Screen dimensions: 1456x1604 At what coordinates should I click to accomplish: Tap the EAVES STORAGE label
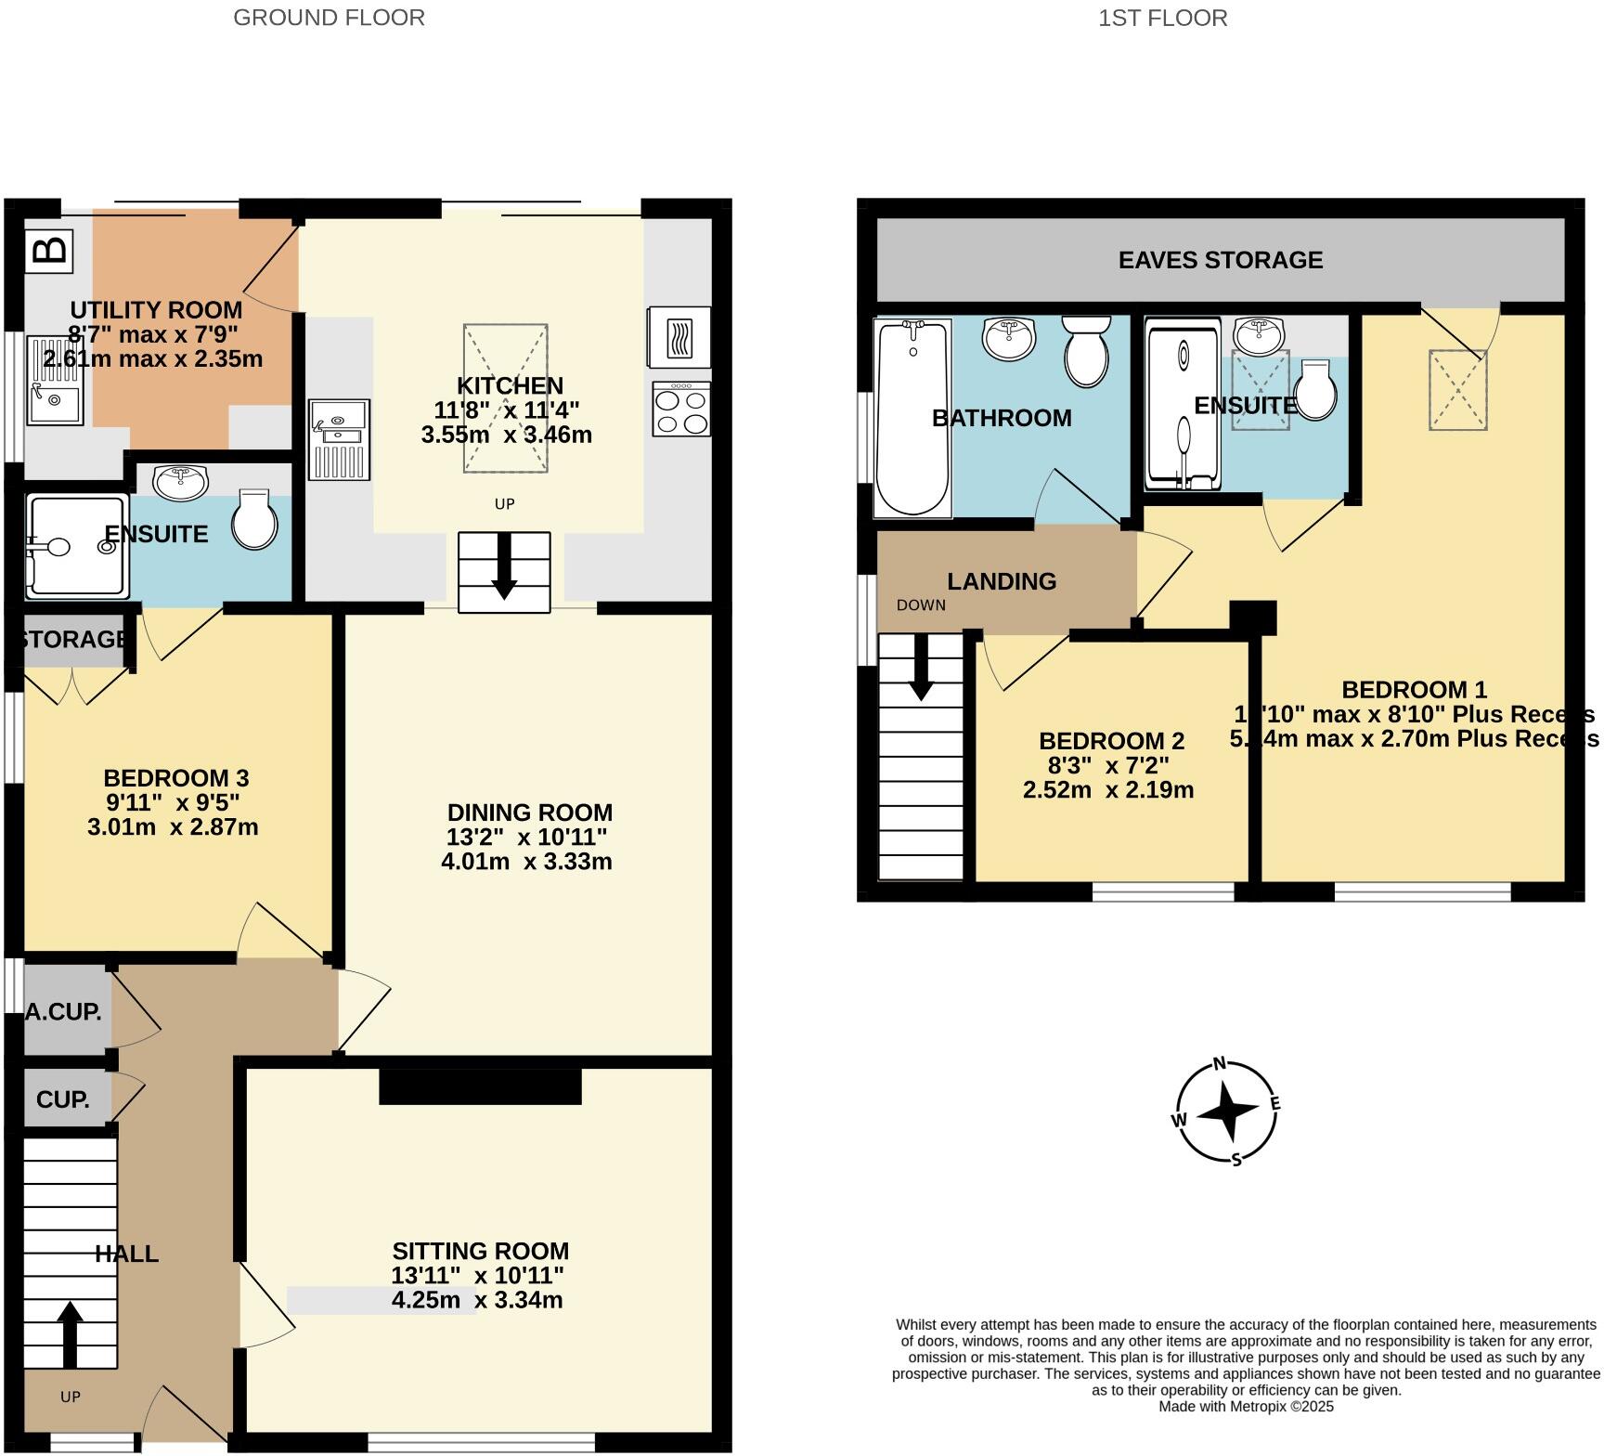pyautogui.click(x=1220, y=260)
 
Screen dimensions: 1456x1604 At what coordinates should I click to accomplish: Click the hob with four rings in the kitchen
pyautogui.click(x=681, y=409)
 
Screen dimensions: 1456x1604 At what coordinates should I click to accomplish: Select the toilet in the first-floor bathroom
pyautogui.click(x=1086, y=350)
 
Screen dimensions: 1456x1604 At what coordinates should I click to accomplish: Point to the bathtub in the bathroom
pyautogui.click(x=913, y=418)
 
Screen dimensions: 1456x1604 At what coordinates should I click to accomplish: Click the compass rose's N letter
pyautogui.click(x=1221, y=1064)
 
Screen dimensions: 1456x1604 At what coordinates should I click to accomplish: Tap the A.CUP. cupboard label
pyautogui.click(x=63, y=1012)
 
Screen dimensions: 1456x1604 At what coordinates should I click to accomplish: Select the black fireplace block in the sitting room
pyautogui.click(x=480, y=1086)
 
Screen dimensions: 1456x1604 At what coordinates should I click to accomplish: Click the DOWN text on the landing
pyautogui.click(x=921, y=605)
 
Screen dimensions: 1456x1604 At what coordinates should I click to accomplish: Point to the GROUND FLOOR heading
pyautogui.click(x=329, y=18)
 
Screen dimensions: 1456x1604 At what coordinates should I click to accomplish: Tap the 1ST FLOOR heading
pyautogui.click(x=1162, y=18)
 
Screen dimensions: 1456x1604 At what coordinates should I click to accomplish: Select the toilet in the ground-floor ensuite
pyautogui.click(x=253, y=519)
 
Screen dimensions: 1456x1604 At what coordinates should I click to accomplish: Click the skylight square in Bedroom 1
pyautogui.click(x=1457, y=389)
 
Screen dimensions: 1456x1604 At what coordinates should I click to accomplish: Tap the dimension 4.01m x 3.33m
pyautogui.click(x=526, y=862)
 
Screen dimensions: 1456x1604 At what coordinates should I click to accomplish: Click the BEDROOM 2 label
pyautogui.click(x=1111, y=741)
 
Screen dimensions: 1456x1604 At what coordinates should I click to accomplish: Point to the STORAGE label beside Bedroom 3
pyautogui.click(x=72, y=639)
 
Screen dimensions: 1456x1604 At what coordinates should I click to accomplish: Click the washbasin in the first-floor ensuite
pyautogui.click(x=1260, y=335)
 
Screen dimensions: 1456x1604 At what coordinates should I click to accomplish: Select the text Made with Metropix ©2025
pyautogui.click(x=1246, y=1406)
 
